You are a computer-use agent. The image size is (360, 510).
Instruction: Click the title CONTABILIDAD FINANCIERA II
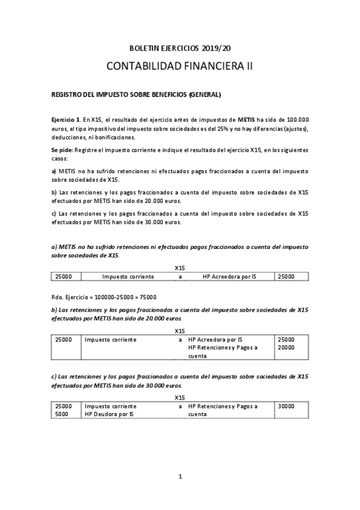click(180, 66)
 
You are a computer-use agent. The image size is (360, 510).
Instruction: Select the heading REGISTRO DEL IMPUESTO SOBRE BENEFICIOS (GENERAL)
click(136, 94)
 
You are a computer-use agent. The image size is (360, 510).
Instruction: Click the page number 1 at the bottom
click(180, 477)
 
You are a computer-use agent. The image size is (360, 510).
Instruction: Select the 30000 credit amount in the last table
click(286, 407)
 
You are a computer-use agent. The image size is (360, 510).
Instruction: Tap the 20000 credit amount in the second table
click(286, 348)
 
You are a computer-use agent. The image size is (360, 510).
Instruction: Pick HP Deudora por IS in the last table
click(109, 414)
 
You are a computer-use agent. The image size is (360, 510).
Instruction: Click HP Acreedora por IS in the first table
click(229, 277)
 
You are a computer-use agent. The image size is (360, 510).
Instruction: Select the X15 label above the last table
click(180, 398)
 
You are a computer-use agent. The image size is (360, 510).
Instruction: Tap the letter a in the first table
click(180, 277)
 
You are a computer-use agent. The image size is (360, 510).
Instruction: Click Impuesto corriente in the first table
click(128, 277)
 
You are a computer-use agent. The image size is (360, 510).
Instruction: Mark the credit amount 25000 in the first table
click(286, 277)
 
